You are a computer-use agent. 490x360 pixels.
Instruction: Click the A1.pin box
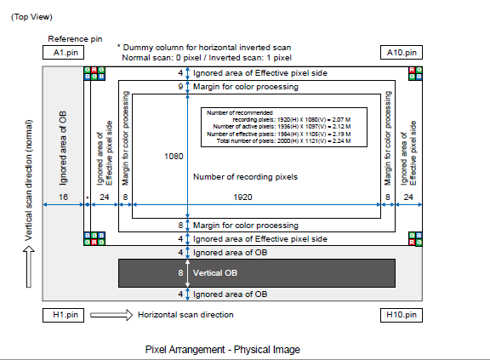(63, 53)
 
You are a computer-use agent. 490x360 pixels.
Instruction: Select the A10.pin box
(402, 53)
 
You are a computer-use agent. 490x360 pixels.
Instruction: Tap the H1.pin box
(63, 315)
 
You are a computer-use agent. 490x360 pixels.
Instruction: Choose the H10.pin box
(402, 315)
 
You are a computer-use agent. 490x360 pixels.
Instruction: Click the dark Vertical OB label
(215, 273)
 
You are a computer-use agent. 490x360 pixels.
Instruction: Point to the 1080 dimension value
(174, 157)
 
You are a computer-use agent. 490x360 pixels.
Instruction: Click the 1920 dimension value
(242, 197)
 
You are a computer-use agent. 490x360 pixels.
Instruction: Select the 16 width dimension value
(63, 197)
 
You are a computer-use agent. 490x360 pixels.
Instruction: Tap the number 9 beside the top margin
(180, 87)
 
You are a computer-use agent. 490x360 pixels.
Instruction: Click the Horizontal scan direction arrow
(111, 315)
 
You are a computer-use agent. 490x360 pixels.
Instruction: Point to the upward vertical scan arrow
(29, 266)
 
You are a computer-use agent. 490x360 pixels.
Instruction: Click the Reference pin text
(75, 39)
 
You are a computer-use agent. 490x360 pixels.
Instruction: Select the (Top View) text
(31, 17)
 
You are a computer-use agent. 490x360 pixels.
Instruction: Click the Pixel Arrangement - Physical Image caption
(223, 350)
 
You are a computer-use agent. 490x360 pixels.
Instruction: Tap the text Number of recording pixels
(245, 177)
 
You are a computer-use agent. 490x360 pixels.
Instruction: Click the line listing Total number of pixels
(283, 141)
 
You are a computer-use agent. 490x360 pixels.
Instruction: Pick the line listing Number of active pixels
(282, 127)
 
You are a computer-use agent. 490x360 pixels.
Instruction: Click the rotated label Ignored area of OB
(63, 148)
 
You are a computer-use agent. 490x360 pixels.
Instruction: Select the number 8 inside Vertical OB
(180, 273)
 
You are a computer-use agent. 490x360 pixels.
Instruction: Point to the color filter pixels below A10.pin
(416, 73)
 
